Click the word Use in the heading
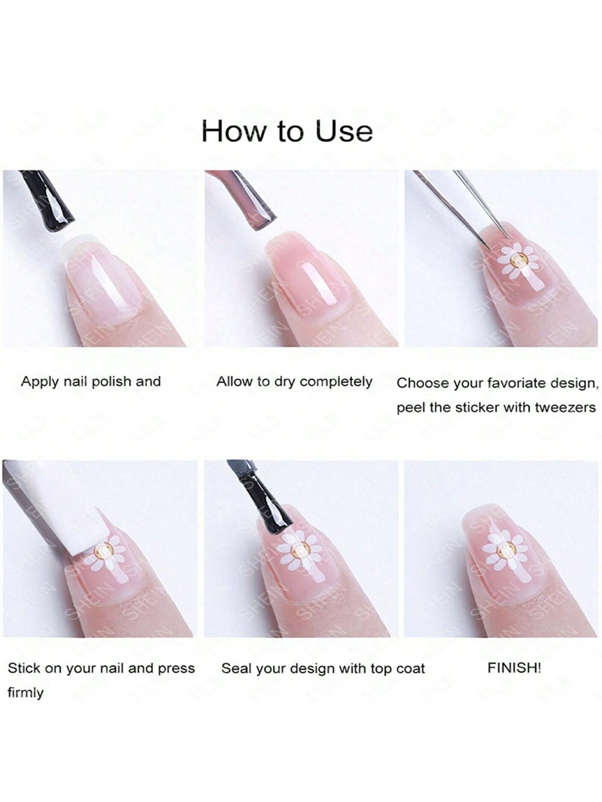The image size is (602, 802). pyautogui.click(x=344, y=131)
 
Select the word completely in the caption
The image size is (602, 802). pyautogui.click(x=336, y=382)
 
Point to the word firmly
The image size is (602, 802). pyautogui.click(x=25, y=693)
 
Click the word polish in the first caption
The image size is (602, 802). pyautogui.click(x=112, y=382)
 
